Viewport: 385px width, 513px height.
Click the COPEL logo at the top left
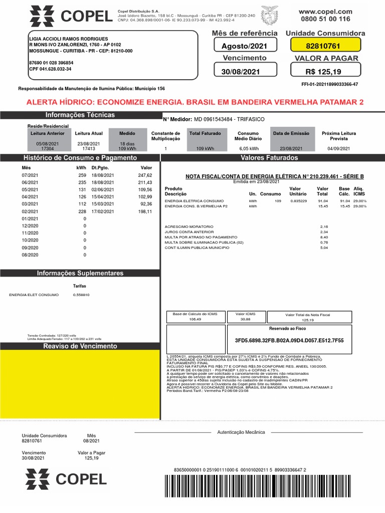click(x=70, y=17)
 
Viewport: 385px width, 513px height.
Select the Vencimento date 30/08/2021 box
click(x=241, y=72)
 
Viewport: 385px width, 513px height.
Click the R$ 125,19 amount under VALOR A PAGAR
click(x=323, y=72)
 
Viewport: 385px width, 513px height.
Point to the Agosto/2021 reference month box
click(x=241, y=46)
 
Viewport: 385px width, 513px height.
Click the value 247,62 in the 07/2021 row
click(x=144, y=175)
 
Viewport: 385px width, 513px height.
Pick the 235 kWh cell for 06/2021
click(x=82, y=182)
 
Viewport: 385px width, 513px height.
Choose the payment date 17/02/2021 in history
click(x=103, y=211)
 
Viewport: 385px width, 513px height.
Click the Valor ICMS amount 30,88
click(x=245, y=319)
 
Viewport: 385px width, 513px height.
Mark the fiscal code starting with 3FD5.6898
click(x=289, y=340)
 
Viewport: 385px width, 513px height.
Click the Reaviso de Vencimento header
click(x=80, y=346)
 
